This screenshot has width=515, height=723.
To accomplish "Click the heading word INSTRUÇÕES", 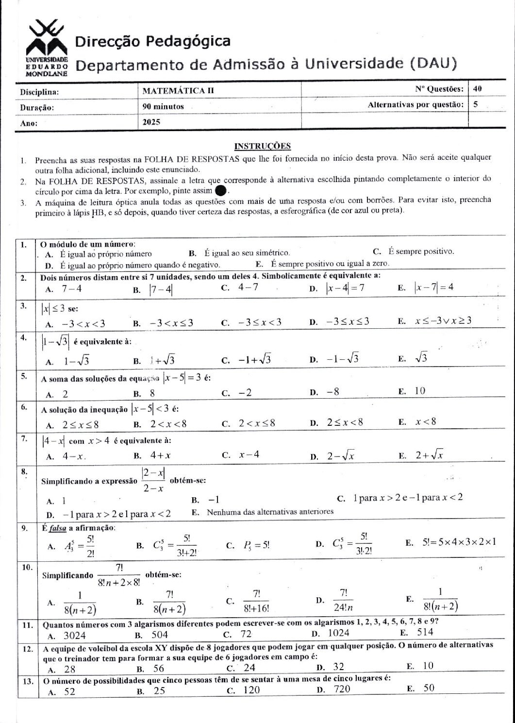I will pos(262,146).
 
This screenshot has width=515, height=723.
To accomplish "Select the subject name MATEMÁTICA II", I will pos(178,90).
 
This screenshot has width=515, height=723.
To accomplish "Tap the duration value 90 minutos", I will pos(163,106).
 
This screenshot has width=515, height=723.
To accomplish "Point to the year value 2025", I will pos(151,122).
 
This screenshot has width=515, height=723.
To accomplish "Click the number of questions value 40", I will pos(477,89).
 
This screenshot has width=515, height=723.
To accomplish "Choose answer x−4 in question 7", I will pos(249,455).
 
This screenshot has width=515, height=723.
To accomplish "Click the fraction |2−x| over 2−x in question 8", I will pos(153,480).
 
